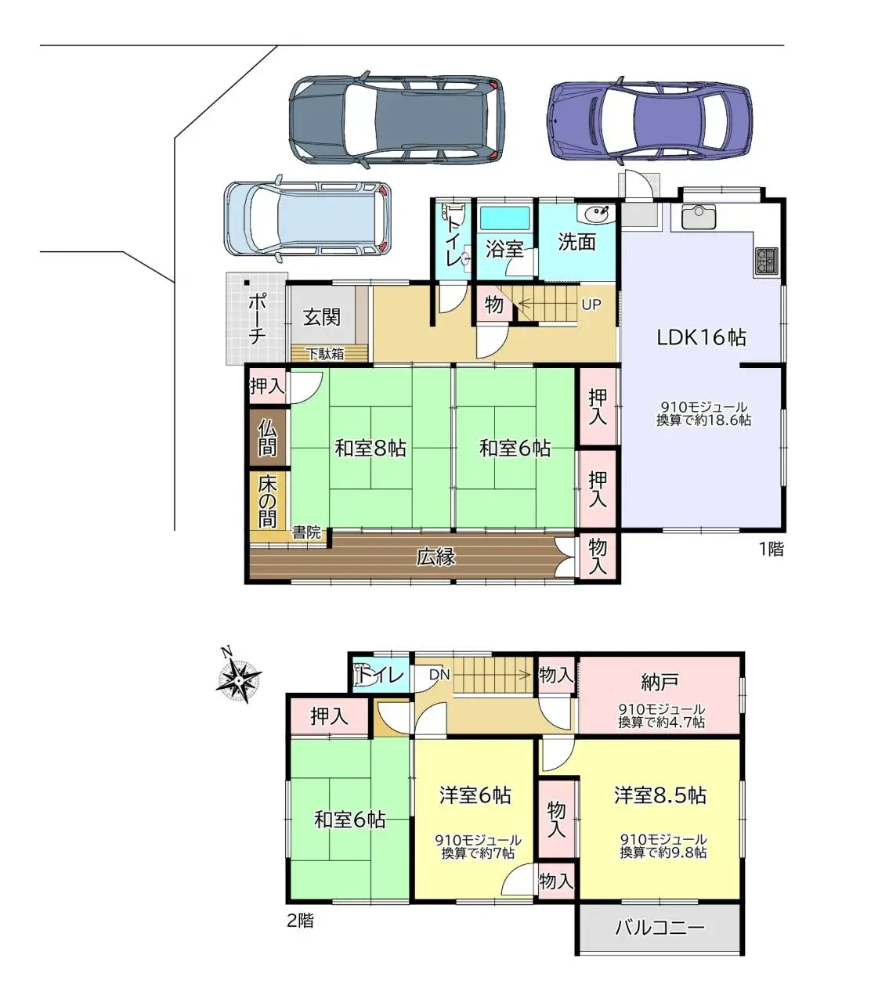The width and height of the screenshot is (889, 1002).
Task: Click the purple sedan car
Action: pos(649,121)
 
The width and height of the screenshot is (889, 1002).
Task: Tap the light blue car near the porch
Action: pos(307,218)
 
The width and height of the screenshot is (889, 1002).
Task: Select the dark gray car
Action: pos(397,119)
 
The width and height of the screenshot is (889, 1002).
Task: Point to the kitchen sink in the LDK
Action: pos(698,217)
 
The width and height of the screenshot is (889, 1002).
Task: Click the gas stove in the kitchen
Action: pos(766,261)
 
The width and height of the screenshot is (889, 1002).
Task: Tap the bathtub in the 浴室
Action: pos(505,218)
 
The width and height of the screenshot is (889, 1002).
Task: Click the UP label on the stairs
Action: pos(591,305)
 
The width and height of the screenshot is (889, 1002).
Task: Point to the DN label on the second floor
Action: pos(439,674)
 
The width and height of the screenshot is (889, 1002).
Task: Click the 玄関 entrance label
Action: pos(322,317)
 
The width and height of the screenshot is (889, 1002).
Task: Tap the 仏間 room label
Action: pos(267,438)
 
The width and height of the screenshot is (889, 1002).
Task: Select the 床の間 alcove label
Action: pos(267,502)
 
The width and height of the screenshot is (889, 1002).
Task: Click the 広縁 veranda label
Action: pos(435,557)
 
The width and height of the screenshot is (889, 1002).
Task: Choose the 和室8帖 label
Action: pos(370,448)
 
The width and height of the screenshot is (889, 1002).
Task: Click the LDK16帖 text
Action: pos(701,337)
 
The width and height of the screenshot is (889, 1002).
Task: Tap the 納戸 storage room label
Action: pos(660,683)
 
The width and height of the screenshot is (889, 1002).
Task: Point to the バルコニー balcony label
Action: pos(660,927)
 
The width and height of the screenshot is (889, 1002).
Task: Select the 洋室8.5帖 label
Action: pos(660,795)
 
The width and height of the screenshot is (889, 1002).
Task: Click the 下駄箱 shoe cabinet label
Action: pos(325,354)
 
